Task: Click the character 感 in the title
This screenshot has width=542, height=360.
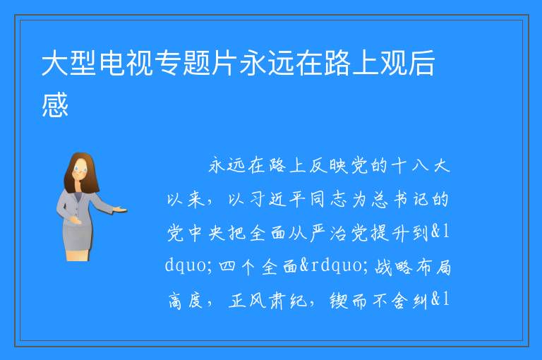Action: (x=55, y=104)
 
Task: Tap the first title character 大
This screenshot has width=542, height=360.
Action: (x=55, y=63)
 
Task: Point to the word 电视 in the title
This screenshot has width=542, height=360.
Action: (x=126, y=63)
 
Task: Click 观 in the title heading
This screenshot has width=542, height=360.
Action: (x=394, y=63)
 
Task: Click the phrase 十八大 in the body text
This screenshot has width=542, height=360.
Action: (x=421, y=166)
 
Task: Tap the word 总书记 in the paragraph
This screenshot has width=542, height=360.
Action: (x=400, y=200)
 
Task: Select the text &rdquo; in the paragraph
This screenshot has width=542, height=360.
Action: (x=334, y=266)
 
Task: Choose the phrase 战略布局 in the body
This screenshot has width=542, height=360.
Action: (x=412, y=267)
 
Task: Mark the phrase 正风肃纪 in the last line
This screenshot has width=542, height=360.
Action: (x=267, y=300)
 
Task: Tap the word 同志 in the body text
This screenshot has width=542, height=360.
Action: (x=328, y=200)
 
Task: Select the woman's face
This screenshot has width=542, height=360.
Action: (x=80, y=170)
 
